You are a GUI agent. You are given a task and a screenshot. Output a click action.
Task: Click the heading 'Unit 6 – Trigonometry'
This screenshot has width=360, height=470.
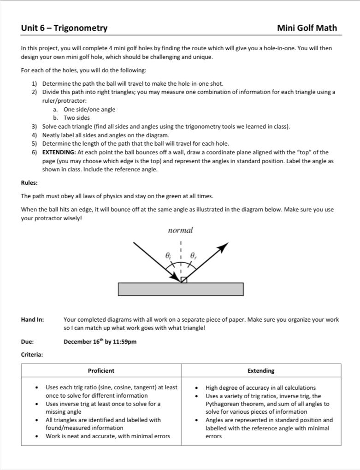point(64,28)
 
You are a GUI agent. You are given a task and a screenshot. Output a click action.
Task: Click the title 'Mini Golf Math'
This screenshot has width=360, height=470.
point(307,28)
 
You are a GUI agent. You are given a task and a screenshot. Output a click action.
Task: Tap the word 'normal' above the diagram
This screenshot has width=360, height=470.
point(180,230)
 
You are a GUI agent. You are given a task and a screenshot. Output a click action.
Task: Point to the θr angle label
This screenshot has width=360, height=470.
point(193,255)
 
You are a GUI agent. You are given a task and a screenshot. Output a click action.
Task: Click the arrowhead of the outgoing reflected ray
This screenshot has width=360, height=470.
point(224,247)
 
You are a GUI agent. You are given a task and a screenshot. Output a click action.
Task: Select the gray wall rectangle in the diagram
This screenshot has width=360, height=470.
point(181,289)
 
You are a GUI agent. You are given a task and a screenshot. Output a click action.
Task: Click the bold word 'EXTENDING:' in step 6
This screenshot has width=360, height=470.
point(59,152)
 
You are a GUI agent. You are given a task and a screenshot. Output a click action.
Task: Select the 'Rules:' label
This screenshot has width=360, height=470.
point(29,182)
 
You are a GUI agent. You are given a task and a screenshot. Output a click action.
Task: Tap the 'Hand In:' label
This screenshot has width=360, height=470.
point(32,319)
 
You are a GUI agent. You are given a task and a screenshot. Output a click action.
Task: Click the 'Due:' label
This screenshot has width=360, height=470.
point(27,341)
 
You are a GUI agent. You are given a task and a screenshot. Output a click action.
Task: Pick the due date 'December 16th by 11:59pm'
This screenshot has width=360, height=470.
point(100,341)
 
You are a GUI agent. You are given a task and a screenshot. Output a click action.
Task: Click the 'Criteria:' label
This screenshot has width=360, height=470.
point(32,354)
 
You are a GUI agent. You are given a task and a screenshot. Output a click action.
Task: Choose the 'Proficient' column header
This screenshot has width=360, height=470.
point(101,370)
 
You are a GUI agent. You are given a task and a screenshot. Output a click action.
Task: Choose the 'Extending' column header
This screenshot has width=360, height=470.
point(260,370)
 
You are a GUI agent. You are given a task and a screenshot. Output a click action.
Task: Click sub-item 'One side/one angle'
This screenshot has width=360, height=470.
point(89,109)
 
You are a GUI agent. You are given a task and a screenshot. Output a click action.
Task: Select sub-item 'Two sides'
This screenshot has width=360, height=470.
point(77,117)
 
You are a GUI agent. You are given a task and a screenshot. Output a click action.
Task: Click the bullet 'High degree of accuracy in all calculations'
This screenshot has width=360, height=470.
point(260,388)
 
